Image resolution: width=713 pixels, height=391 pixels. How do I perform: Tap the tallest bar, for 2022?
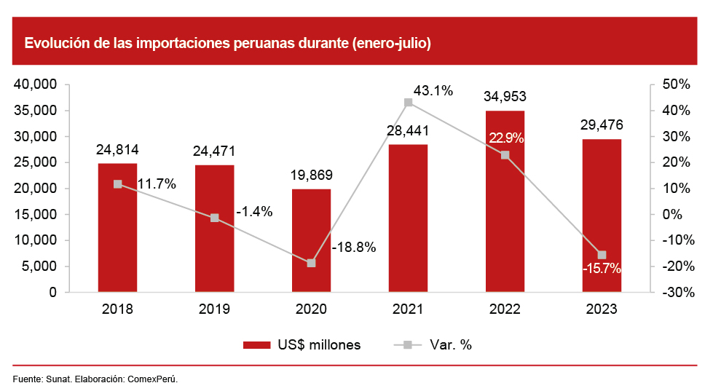click(505, 211)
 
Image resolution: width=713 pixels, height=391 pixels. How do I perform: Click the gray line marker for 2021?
click(408, 103)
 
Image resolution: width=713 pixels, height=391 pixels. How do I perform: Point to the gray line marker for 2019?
click(214, 218)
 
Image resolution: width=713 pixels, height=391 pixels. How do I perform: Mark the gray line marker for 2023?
click(602, 255)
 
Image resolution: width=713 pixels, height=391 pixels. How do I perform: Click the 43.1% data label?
click(433, 91)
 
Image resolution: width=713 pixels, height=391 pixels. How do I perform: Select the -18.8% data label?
click(353, 248)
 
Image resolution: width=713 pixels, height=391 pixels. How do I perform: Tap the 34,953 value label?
click(505, 96)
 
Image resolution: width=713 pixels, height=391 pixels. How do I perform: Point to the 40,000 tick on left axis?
click(36, 85)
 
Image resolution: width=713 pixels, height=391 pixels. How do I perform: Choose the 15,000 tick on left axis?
click(36, 215)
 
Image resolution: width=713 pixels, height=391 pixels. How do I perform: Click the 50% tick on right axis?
click(677, 85)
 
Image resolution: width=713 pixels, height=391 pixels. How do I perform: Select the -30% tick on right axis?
click(675, 293)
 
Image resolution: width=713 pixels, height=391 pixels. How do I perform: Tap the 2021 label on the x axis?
click(408, 309)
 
